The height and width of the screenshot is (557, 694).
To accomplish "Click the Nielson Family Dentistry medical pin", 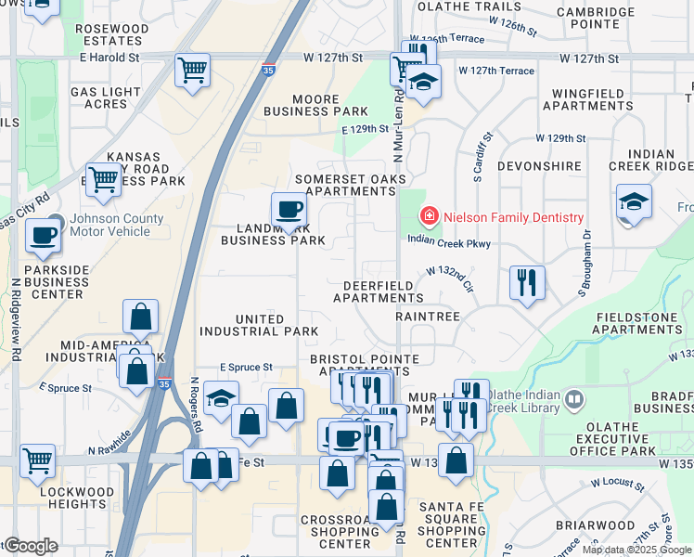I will point(429,217).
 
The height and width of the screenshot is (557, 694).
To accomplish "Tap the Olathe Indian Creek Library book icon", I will point(574,400).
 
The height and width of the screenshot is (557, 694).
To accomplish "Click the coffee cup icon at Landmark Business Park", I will point(289,210).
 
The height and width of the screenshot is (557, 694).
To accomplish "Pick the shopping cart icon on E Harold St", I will point(192,70).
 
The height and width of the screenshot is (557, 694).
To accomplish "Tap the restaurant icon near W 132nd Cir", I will point(527,282).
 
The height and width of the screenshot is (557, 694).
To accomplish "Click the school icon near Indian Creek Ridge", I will point(634,201).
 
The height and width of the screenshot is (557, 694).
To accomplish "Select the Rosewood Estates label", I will point(111,35).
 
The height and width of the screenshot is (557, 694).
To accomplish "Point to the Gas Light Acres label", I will point(105,97).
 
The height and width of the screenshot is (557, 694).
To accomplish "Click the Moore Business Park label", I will point(316,105).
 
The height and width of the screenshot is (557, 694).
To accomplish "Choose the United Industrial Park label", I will point(260,325).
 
